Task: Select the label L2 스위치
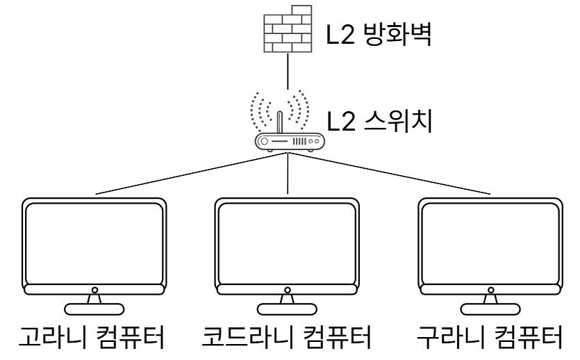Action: click(379, 124)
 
